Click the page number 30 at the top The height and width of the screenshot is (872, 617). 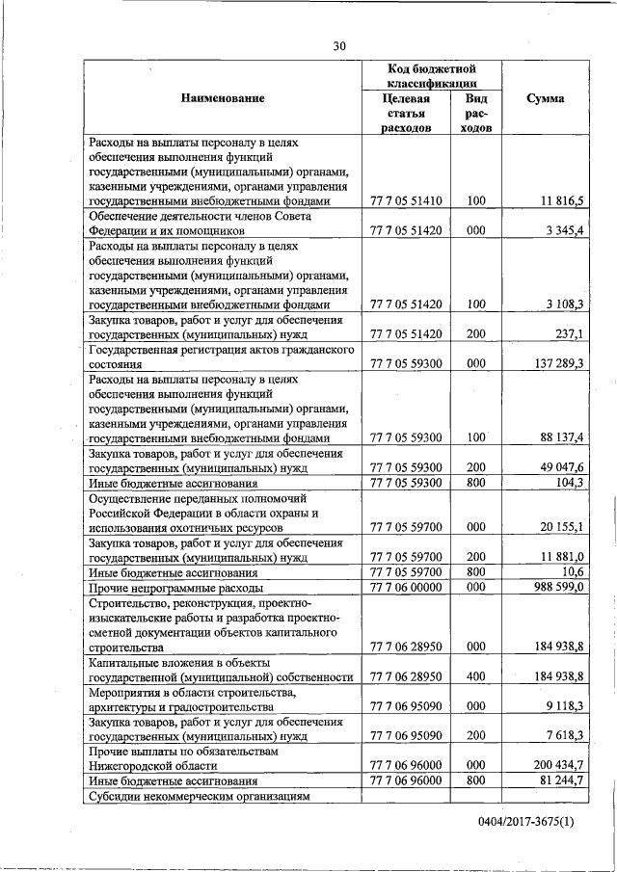pos(338,45)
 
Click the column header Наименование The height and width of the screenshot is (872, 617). pos(221,98)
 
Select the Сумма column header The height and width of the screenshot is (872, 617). pos(546,98)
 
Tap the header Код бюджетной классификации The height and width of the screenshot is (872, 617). pos(432,77)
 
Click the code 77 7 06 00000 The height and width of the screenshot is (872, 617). pos(406,587)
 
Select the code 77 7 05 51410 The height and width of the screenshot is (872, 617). pos(406,200)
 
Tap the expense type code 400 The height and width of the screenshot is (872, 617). pos(475,675)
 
